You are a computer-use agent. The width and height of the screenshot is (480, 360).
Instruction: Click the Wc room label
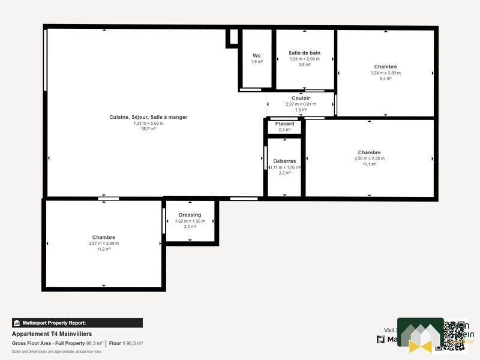coord(256,55)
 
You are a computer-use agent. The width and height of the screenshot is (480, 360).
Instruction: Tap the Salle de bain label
coord(304,53)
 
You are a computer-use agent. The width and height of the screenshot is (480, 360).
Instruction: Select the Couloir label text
coord(301,98)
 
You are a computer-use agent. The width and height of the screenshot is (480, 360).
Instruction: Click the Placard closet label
coord(284,124)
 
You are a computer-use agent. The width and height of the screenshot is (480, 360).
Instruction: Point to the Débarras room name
coord(284,161)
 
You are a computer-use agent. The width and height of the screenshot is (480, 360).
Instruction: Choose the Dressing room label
coord(190,215)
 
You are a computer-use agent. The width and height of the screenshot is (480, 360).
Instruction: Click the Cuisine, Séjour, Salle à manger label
coord(148,117)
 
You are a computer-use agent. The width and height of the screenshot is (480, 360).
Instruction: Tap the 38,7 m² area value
coord(148,129)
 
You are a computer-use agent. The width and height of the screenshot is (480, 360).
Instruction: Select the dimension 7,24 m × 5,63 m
coord(148,123)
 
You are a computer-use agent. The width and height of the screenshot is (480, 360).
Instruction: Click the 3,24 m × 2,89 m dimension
coord(385,73)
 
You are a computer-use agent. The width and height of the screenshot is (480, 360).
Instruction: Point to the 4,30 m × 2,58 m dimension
coord(369,158)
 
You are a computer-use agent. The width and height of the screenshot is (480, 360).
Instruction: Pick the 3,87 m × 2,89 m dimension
coord(104,243)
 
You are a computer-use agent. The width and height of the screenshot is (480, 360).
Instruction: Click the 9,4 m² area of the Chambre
coord(385,79)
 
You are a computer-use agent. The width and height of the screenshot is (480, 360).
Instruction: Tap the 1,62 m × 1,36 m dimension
coord(190,221)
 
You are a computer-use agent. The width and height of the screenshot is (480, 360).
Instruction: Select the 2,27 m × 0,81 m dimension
coord(301,104)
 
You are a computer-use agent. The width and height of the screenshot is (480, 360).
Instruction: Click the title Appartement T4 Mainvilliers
coord(52,334)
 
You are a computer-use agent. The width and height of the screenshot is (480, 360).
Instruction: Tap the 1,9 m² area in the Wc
coord(256,62)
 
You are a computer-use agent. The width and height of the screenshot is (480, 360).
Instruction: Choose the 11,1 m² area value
coord(369,164)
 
